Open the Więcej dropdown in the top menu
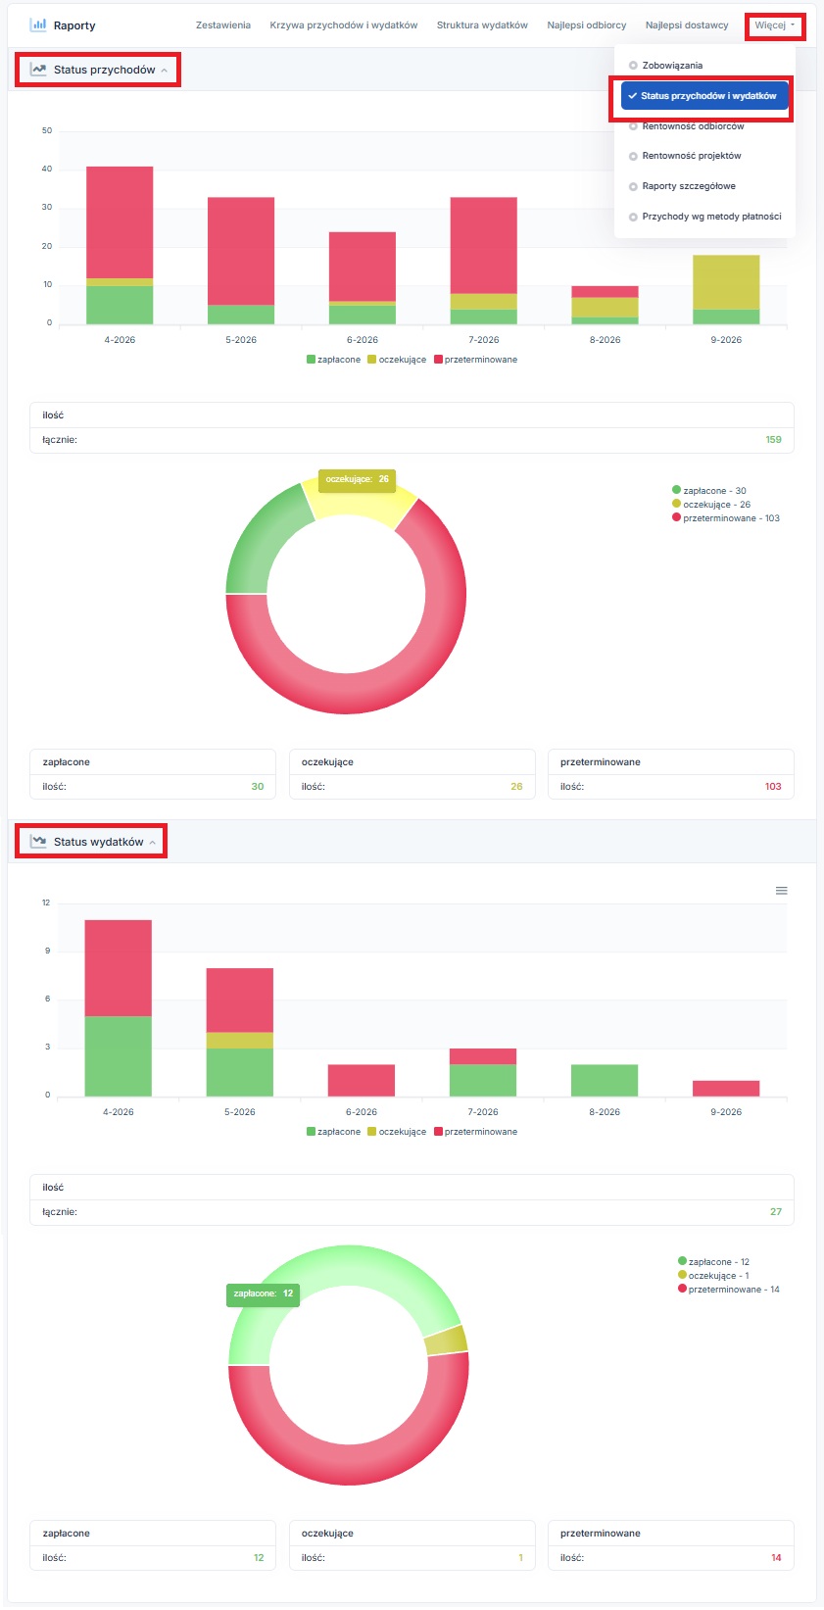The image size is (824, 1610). point(774,25)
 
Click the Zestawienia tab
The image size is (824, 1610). point(223,25)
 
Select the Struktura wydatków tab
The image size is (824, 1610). point(482,25)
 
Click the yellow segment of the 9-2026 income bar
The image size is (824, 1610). point(726,282)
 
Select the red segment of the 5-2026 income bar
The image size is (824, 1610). point(241,252)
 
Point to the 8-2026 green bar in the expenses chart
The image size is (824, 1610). point(605,1080)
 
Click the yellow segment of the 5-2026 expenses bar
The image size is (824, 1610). point(240,1040)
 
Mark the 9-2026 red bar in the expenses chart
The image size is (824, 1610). point(726,1088)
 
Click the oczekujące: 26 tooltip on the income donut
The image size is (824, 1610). point(357,479)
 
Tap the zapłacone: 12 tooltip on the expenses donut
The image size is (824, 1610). point(263,1293)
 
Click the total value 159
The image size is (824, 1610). point(773,440)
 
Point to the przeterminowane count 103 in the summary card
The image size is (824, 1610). point(773,787)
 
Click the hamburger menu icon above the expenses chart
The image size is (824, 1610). point(782,891)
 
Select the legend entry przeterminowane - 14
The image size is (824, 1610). point(728,1290)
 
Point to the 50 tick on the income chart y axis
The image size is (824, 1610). point(47,130)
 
